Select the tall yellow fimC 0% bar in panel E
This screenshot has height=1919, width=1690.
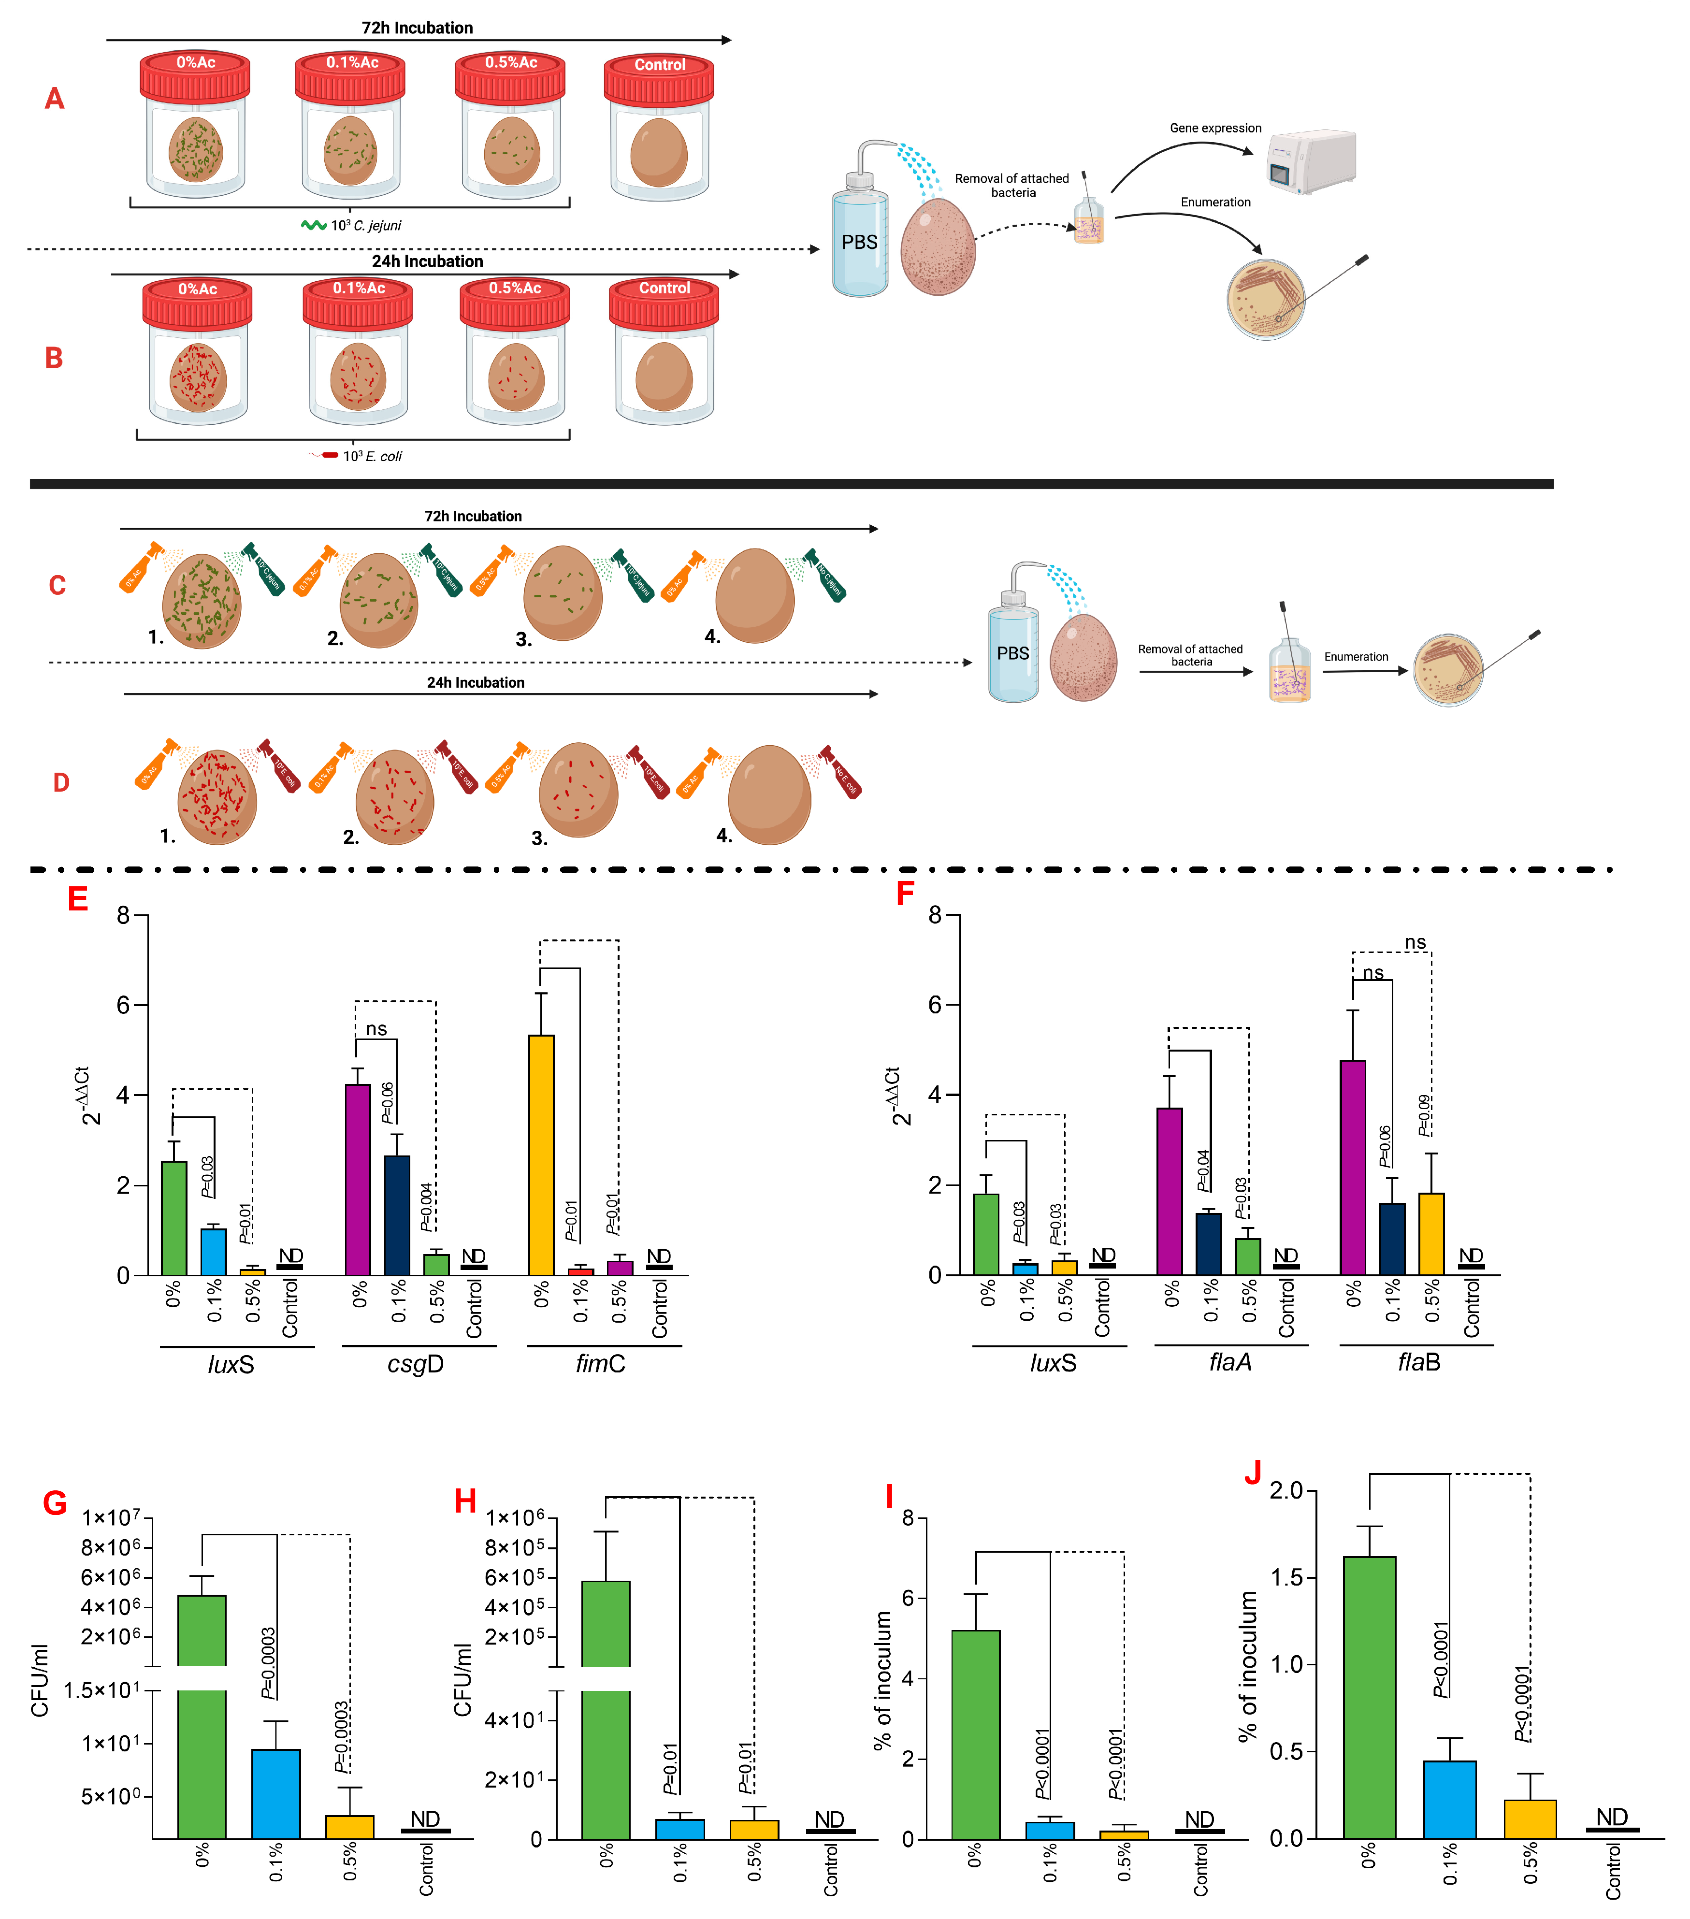point(542,1155)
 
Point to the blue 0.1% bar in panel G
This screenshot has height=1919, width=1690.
point(276,1793)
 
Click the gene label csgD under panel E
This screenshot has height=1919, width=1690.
point(415,1363)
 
